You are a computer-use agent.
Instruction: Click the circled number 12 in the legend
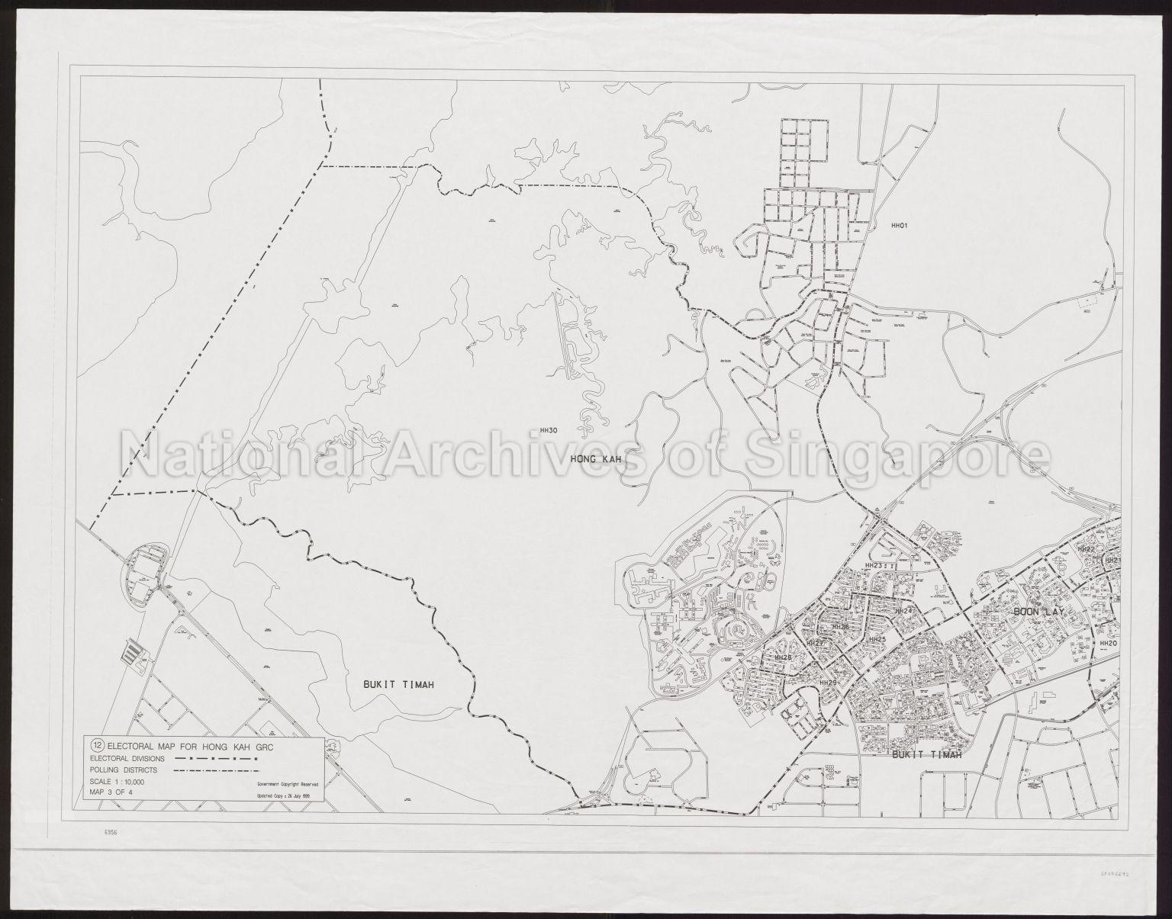[97, 745]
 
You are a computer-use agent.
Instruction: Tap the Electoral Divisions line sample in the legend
[217, 759]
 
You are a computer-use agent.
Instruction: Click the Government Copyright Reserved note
[283, 783]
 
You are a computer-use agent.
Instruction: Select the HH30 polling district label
[548, 431]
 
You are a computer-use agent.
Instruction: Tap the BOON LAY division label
[1042, 612]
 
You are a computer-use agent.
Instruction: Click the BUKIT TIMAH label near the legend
[394, 685]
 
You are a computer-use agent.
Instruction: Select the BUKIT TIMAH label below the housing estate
[925, 755]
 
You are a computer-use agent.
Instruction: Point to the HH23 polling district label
[874, 565]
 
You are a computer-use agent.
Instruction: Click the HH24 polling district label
[903, 611]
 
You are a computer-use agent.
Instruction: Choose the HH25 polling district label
[877, 639]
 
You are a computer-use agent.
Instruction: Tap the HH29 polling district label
[829, 682]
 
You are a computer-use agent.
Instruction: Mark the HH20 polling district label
[1108, 643]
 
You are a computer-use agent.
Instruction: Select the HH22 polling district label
[1086, 549]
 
